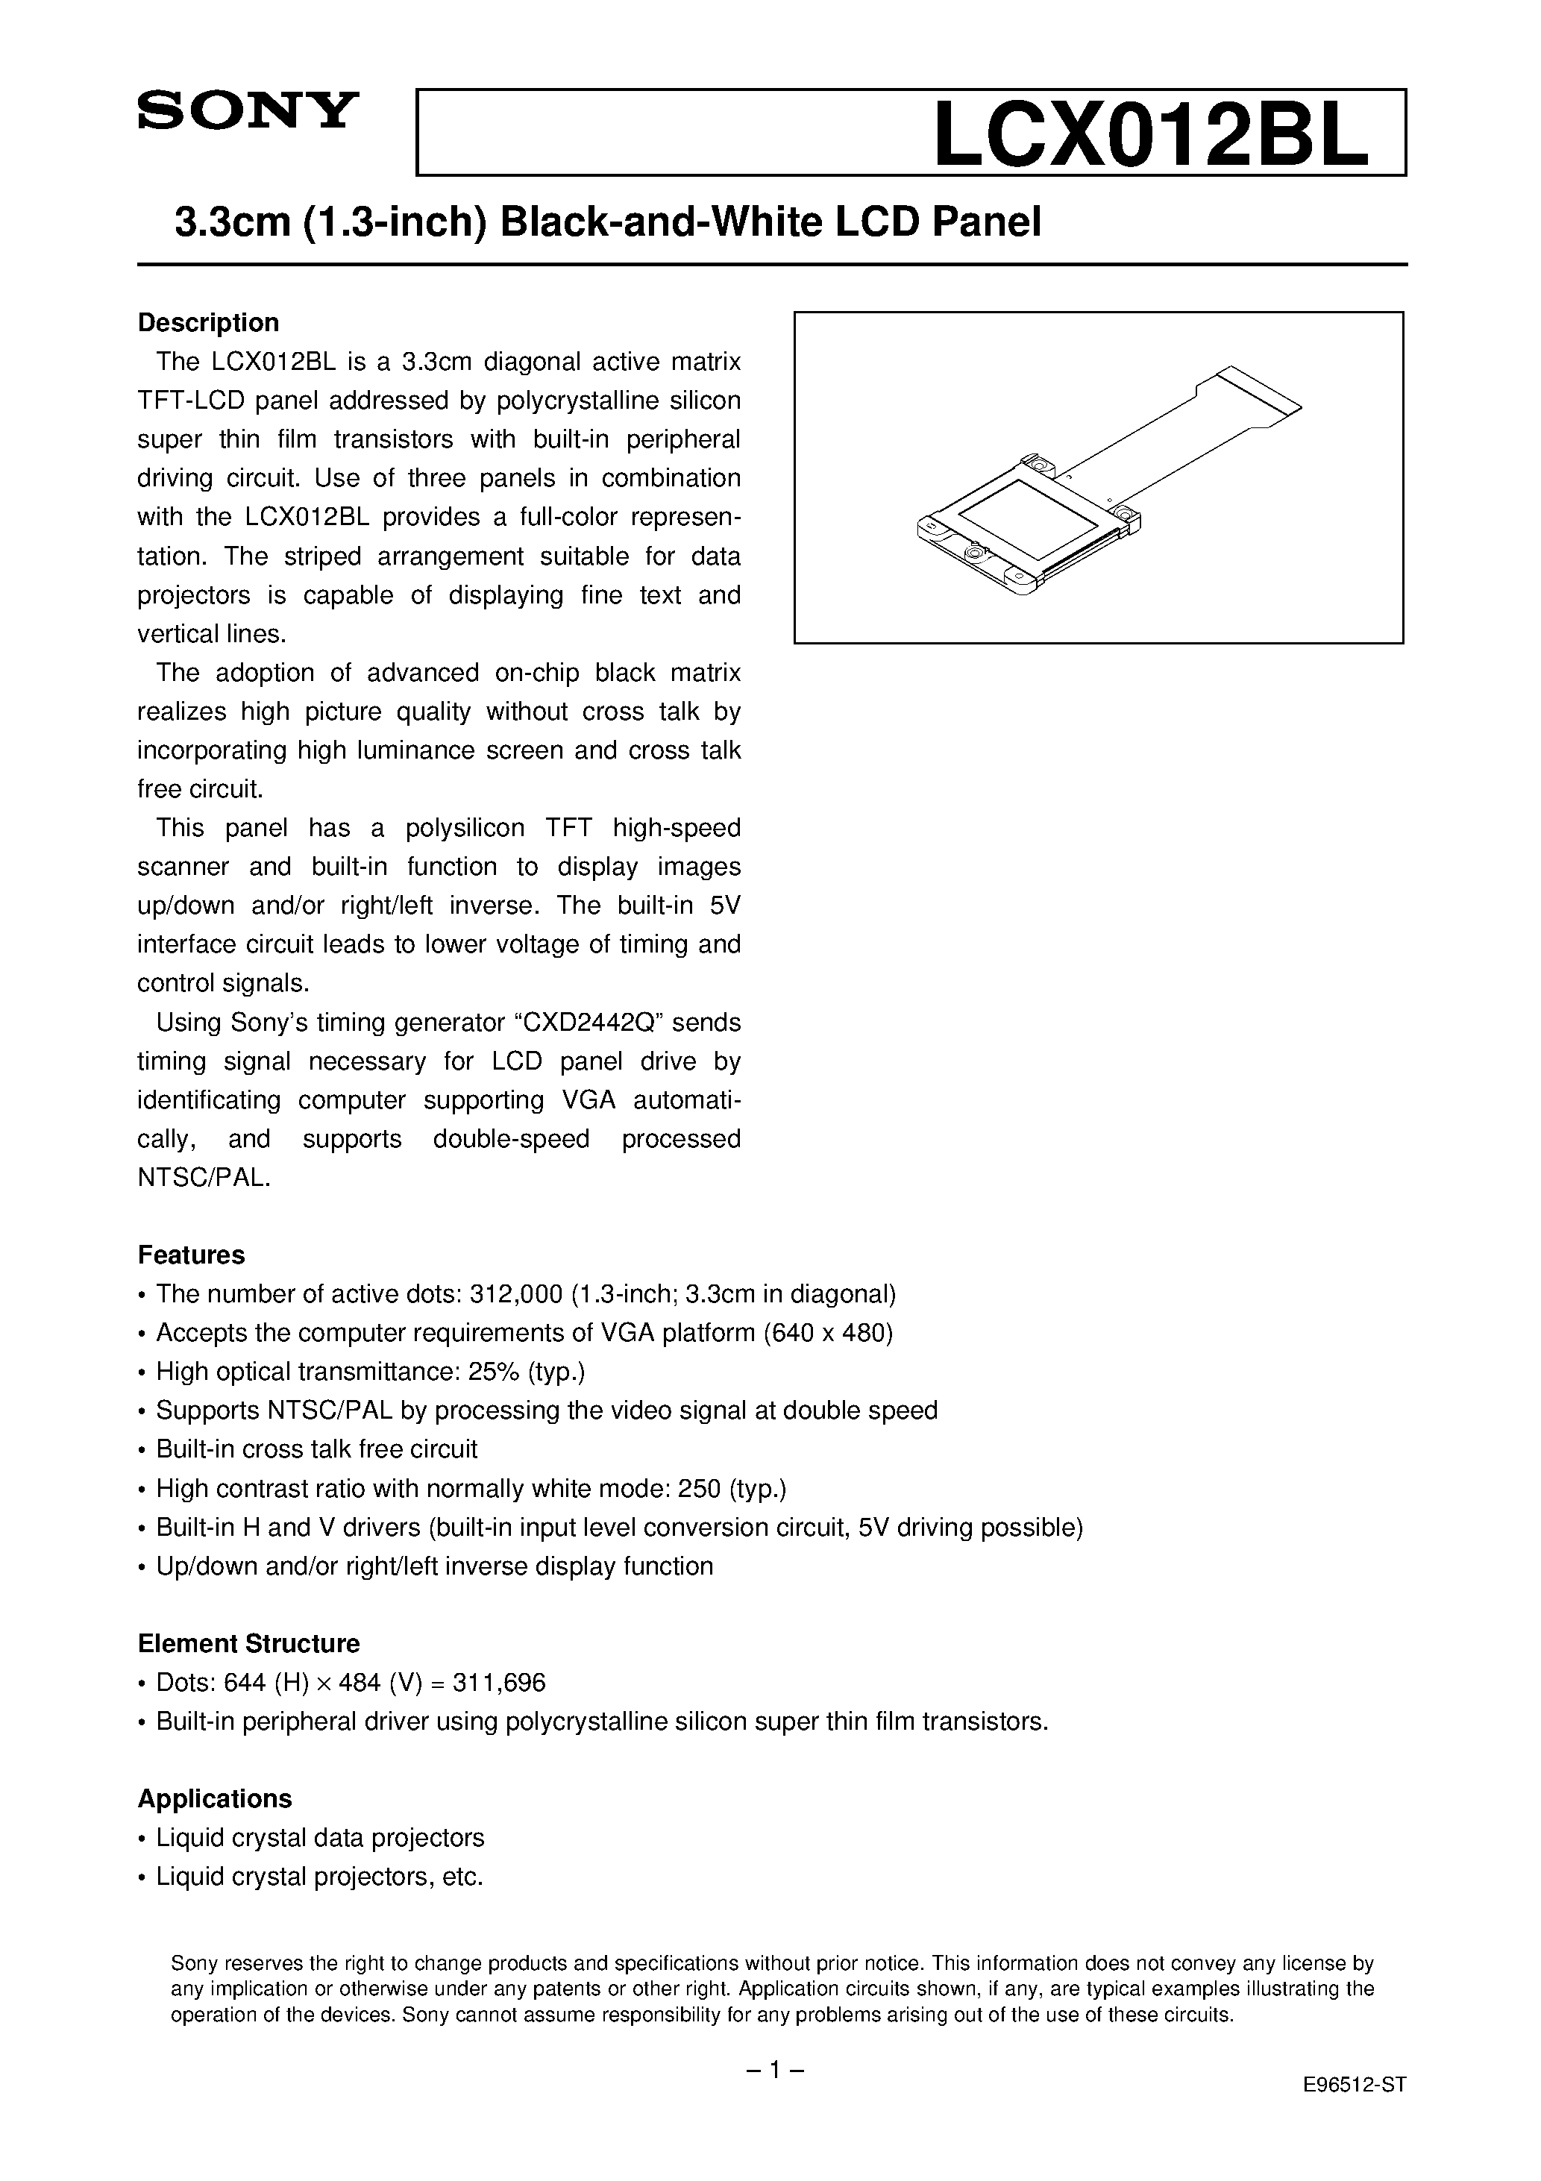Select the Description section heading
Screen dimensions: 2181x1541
pyautogui.click(x=208, y=323)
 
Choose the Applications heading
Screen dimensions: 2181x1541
pyautogui.click(x=215, y=1798)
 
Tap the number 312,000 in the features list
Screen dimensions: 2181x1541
pyautogui.click(x=518, y=1294)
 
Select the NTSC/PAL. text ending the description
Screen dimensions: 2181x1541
pyautogui.click(x=204, y=1178)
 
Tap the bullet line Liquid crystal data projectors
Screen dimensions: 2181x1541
pyautogui.click(x=319, y=1838)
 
